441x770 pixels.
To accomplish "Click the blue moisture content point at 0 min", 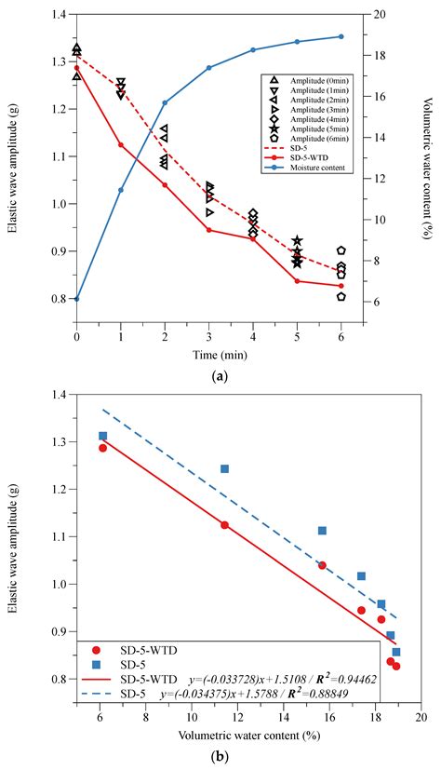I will click(x=76, y=299).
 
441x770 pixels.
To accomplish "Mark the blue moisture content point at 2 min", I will click(x=165, y=102).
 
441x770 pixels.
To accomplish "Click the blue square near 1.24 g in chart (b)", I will click(x=224, y=468).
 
